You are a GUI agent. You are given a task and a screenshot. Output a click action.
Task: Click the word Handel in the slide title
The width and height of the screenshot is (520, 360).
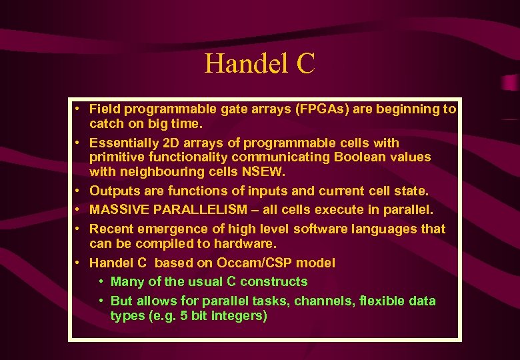pyautogui.click(x=244, y=64)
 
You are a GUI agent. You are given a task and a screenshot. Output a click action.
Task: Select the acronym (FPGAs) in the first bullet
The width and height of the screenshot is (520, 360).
pyautogui.click(x=317, y=109)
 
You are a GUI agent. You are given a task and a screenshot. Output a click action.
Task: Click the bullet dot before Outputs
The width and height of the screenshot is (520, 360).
pyautogui.click(x=79, y=191)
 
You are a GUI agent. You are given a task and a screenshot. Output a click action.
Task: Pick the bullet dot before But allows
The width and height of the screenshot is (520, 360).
pyautogui.click(x=100, y=301)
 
